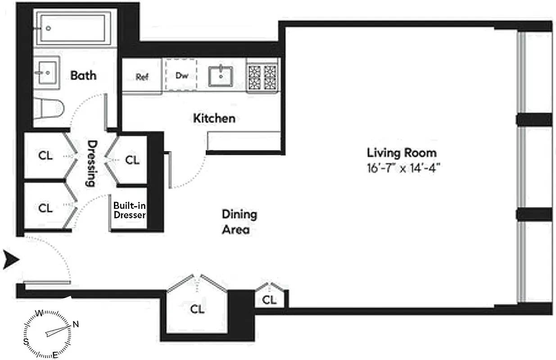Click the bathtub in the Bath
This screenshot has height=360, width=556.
(x=74, y=28)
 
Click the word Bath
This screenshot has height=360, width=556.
(x=83, y=75)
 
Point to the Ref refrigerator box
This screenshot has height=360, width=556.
(x=142, y=76)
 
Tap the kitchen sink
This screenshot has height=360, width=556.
(x=221, y=76)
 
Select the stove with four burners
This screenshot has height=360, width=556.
(x=262, y=76)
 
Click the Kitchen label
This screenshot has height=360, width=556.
(x=214, y=118)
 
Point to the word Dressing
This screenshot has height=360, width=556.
(x=91, y=163)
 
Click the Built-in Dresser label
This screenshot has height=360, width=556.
(x=129, y=210)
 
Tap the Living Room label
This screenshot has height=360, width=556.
(x=402, y=152)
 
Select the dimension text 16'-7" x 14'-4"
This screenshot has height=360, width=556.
(x=403, y=168)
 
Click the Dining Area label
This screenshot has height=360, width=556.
(x=239, y=221)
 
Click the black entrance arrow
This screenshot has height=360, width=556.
(x=11, y=260)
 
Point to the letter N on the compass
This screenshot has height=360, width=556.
(x=76, y=324)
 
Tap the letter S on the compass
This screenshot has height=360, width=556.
(x=26, y=342)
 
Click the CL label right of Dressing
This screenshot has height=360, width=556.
(x=132, y=160)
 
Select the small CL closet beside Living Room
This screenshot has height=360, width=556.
(x=269, y=299)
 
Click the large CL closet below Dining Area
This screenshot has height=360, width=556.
(x=197, y=309)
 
